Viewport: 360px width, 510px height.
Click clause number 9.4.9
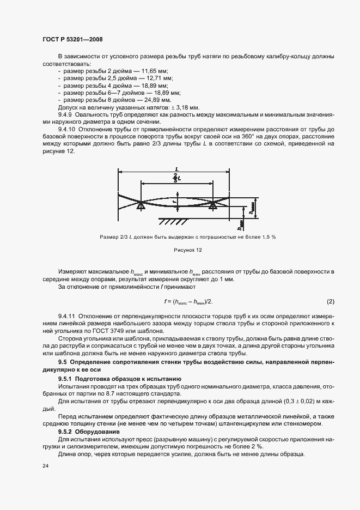(x=66, y=115)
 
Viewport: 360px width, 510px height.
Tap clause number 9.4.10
(x=68, y=130)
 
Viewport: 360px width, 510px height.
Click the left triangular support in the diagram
(x=141, y=205)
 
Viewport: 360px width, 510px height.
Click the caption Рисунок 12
(x=187, y=251)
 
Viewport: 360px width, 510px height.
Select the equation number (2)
(x=330, y=301)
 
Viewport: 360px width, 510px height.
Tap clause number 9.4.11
(x=68, y=316)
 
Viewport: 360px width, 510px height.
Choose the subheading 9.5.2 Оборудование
(x=93, y=431)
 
